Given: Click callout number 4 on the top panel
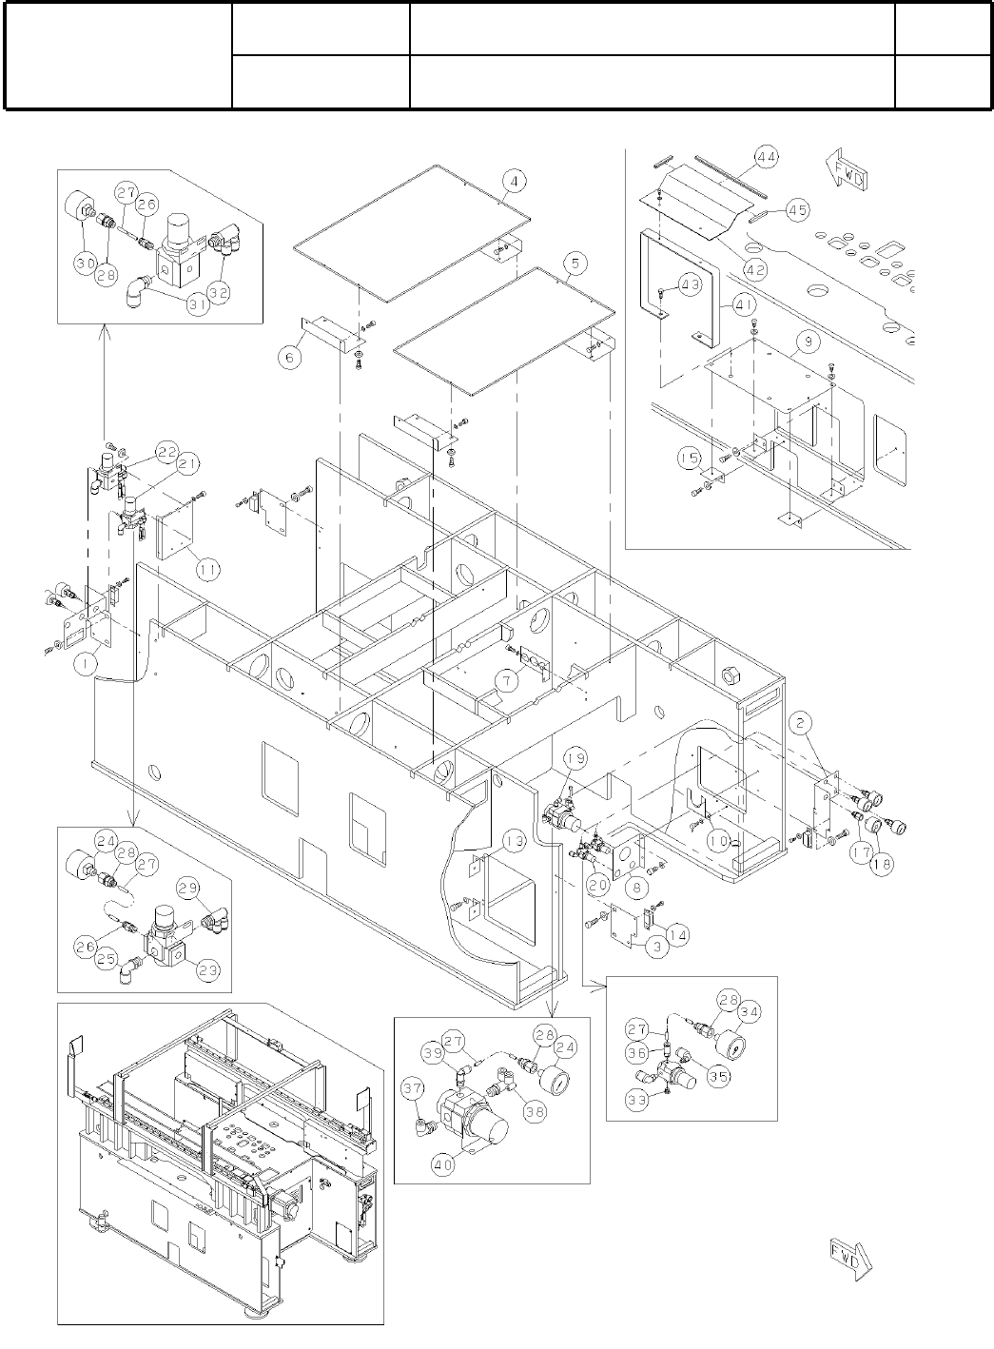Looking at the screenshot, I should point(513,181).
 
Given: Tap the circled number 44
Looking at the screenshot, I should point(767,156).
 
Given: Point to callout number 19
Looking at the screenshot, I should point(576,758).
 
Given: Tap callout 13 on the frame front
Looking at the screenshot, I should point(514,841).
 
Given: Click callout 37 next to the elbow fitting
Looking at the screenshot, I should point(413,1086).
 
